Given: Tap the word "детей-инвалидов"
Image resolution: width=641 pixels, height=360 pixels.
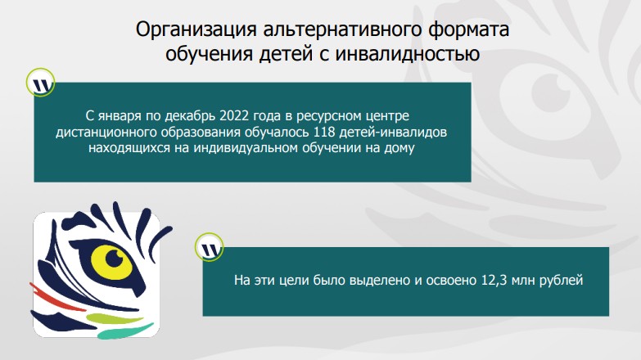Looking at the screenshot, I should [x=401, y=132].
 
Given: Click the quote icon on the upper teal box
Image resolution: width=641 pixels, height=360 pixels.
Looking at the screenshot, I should [x=43, y=84].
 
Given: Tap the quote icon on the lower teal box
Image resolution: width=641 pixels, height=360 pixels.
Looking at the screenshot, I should [x=210, y=248].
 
